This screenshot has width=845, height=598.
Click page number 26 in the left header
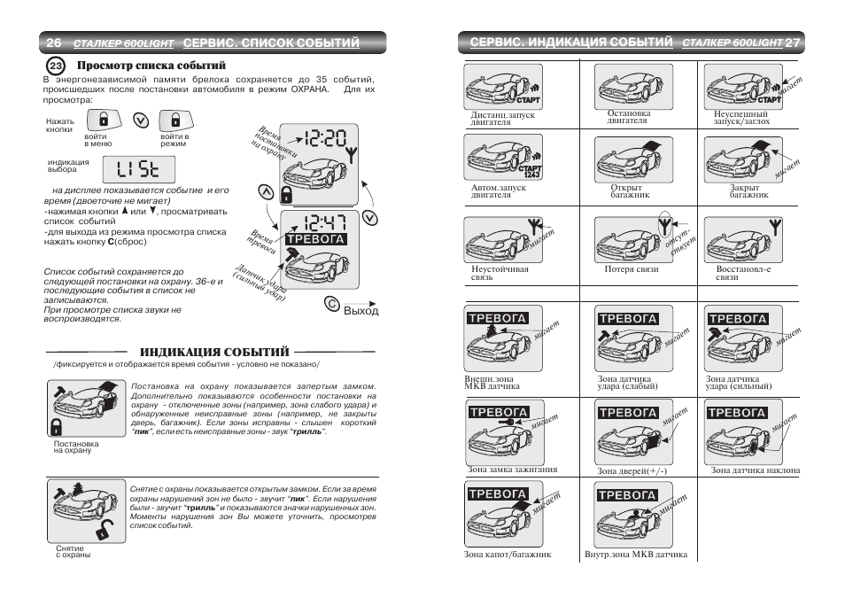(54, 43)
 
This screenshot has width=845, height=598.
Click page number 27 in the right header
(793, 43)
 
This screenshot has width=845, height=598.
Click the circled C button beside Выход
(331, 306)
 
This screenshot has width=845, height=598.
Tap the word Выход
(361, 311)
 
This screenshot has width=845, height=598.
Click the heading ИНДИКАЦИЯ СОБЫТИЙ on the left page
(214, 353)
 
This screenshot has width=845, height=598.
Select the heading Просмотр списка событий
(151, 66)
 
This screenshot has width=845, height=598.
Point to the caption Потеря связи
(632, 269)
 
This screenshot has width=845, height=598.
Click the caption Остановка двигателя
(629, 117)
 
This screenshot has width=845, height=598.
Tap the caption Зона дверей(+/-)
(632, 471)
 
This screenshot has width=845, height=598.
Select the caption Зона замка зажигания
(511, 470)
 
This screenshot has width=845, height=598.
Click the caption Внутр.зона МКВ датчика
(636, 555)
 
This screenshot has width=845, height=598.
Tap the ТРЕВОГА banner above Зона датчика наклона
(737, 413)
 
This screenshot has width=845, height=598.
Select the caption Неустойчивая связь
(500, 273)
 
